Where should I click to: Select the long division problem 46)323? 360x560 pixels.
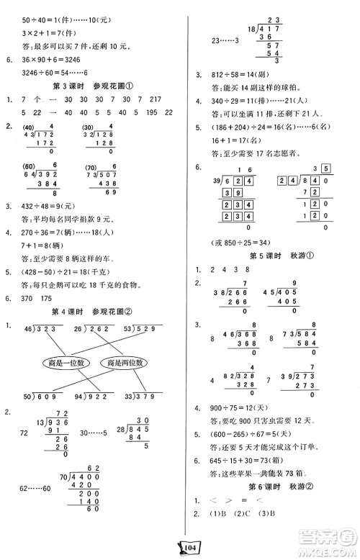click(x=45, y=328)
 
